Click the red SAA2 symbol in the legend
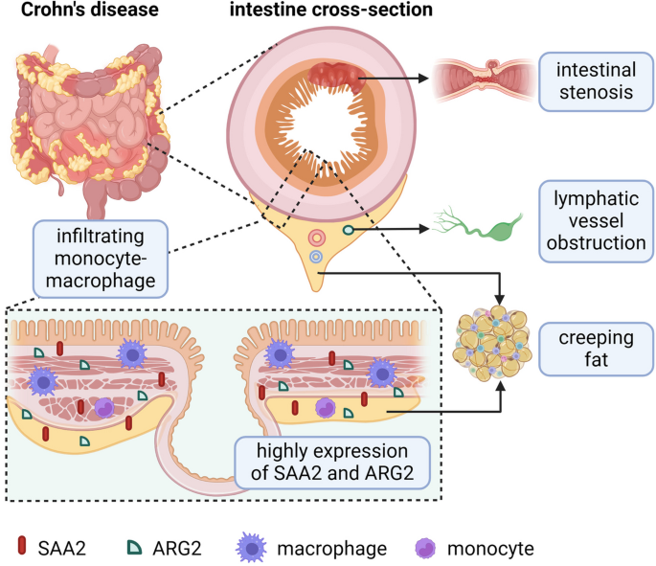22,547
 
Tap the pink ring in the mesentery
315,237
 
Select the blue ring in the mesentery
316,258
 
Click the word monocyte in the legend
492,548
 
